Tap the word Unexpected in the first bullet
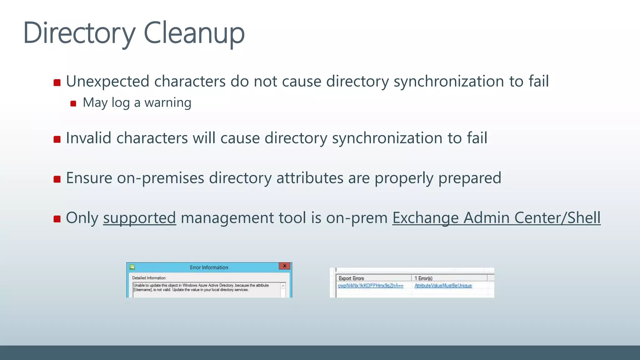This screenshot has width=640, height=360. [x=107, y=81]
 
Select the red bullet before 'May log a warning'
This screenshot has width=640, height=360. [x=73, y=103]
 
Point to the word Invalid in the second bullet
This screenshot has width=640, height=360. [x=88, y=138]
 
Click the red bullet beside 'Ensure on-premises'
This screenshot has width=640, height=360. [x=57, y=179]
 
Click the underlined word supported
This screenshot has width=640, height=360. [x=139, y=218]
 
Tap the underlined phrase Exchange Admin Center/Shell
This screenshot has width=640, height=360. [x=496, y=218]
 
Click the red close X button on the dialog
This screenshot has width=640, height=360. [x=284, y=266]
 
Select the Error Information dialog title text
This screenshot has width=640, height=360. [x=209, y=267]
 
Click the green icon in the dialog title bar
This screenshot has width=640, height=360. [x=132, y=267]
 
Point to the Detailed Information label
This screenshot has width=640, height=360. [x=149, y=278]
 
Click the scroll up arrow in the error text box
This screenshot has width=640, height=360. [x=283, y=286]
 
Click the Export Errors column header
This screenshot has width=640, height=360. [x=351, y=278]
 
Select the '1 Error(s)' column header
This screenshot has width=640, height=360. [x=423, y=278]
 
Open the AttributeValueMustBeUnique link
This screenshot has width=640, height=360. [x=443, y=286]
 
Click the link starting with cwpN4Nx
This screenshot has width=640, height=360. [x=370, y=286]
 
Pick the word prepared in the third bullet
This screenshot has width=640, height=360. [x=469, y=178]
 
